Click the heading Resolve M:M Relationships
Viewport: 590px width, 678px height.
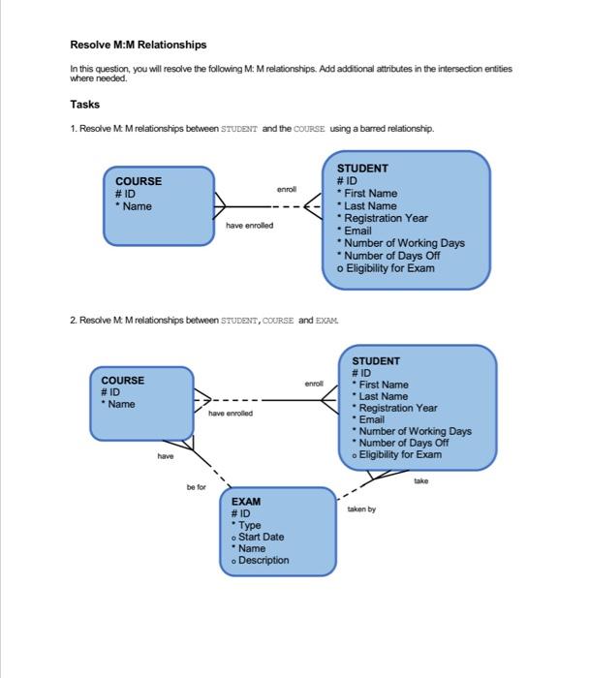[139, 45]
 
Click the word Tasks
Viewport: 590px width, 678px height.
[84, 105]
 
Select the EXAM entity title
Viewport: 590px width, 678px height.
[245, 502]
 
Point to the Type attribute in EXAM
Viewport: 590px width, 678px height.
[249, 525]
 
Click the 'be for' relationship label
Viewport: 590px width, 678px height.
[196, 487]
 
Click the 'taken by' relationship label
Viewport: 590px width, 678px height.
[360, 508]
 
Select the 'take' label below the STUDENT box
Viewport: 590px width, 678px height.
[420, 479]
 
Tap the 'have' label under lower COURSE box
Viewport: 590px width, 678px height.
[166, 455]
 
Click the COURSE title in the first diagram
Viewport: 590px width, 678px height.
[139, 181]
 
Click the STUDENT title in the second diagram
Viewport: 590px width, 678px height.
[376, 361]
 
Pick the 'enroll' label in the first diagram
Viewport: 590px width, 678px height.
[286, 189]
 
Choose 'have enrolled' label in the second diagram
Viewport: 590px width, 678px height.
[230, 413]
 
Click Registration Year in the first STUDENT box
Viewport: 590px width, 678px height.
[386, 218]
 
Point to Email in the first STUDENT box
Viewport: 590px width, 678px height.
[357, 231]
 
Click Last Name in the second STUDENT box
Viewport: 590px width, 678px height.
[383, 396]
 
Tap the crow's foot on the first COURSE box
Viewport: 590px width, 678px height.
[222, 206]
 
